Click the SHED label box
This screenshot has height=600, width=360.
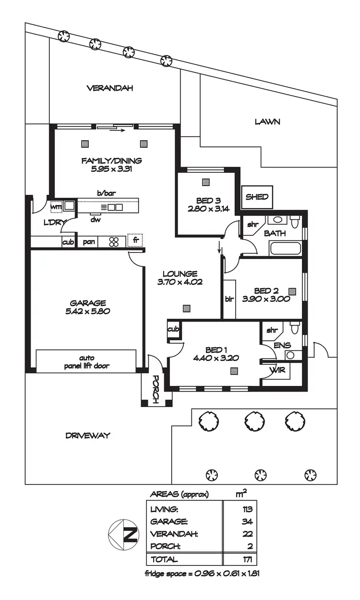coord(257,197)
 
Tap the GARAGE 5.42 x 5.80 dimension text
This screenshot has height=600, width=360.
coord(87,311)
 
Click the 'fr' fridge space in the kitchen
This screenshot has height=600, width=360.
coord(135,240)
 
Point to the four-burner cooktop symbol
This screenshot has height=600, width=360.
coord(114,241)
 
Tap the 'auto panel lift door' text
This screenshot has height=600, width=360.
coord(86,361)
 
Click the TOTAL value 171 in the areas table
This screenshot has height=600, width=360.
coord(247,559)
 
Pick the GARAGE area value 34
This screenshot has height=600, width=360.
coord(248,521)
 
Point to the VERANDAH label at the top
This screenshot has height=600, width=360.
coord(109,88)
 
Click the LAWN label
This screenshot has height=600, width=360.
coord(267,122)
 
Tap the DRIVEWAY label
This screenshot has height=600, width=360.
coord(88,435)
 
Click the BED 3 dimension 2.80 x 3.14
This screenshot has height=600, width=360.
coord(206,208)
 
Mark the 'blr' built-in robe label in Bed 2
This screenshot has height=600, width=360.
coord(229,299)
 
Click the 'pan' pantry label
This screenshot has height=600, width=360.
coord(89,242)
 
